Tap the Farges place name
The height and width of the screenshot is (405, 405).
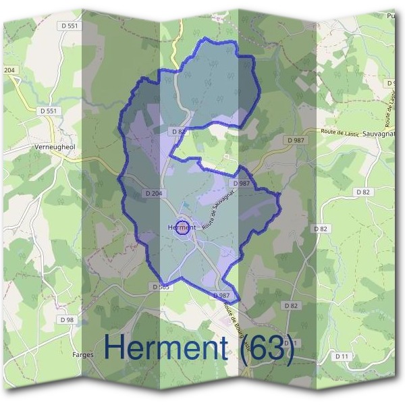[x=83, y=353]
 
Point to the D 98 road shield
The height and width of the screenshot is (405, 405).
[x=66, y=319]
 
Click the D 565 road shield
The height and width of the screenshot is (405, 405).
[x=161, y=287]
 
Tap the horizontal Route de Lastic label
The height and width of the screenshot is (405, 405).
[x=338, y=133]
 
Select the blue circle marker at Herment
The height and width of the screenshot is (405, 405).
[x=182, y=227]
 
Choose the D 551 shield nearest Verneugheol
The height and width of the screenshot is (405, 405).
[x=49, y=111]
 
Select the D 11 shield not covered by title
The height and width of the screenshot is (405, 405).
[x=342, y=355]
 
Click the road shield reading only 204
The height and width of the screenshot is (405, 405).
[x=9, y=70]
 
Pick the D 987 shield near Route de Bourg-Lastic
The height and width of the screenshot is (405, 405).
[x=221, y=296]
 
